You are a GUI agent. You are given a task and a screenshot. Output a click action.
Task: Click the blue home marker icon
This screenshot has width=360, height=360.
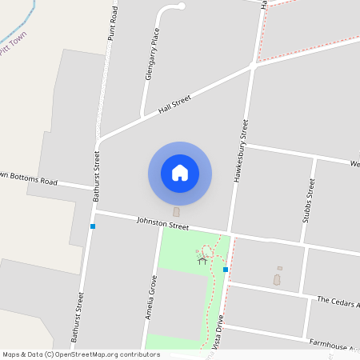pyautogui.click(x=180, y=174)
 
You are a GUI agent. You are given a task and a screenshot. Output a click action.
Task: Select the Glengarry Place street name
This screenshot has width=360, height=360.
pyautogui.click(x=149, y=56)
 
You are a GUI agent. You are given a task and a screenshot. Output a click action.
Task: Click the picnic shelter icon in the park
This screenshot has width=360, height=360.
pyautogui.click(x=202, y=259)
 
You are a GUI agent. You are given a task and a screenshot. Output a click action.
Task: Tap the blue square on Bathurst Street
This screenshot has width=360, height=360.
pyautogui.click(x=93, y=226)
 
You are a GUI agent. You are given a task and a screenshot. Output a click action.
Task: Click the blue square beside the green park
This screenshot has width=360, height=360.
pyautogui.click(x=226, y=270)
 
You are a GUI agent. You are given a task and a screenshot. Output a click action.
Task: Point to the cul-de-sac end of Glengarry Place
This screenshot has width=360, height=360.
pyautogui.click(x=182, y=6)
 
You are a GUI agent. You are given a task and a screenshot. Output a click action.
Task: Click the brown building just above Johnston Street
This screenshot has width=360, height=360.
pyautogui.click(x=176, y=212)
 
